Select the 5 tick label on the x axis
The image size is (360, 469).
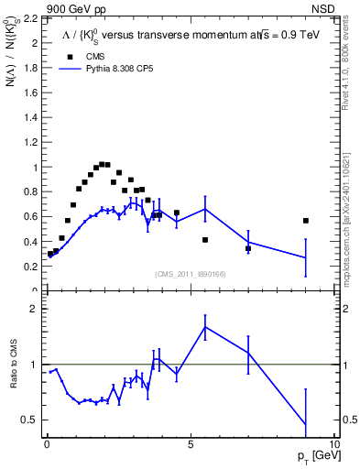[x=190, y=442]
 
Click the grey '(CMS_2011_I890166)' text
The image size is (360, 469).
[x=190, y=274]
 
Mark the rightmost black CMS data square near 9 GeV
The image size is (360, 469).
[x=306, y=221]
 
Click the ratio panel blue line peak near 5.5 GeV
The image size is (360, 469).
[x=205, y=327]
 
